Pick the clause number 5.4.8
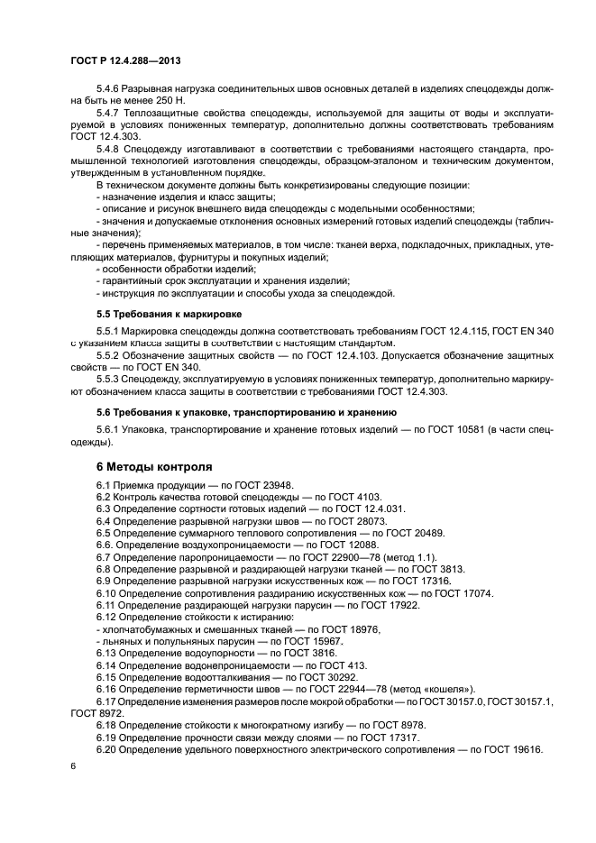point(107,147)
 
